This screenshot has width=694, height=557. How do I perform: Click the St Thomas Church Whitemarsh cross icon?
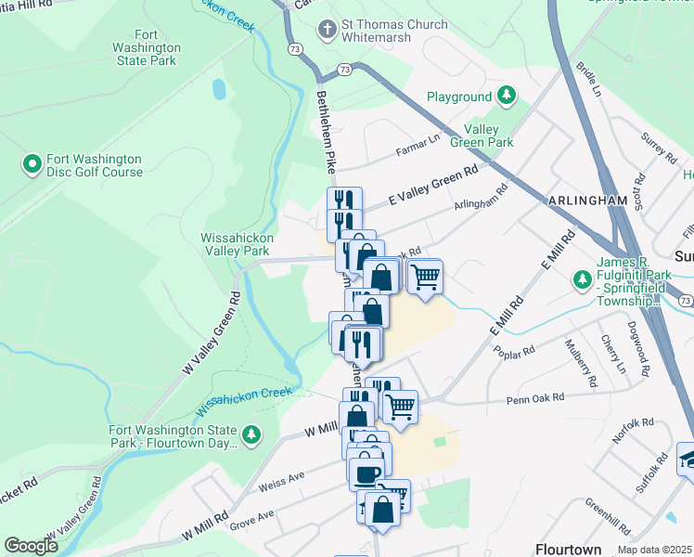coord(326,30)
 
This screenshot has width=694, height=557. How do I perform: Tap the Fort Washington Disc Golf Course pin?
coord(32,165)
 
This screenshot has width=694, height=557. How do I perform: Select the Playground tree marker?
coord(507,96)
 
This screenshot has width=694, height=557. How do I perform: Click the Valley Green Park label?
coord(482,136)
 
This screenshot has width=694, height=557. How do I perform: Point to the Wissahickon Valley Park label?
coord(235,244)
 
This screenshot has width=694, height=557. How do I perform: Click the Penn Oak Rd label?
coord(534,399)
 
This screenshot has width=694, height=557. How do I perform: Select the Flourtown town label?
coord(568,549)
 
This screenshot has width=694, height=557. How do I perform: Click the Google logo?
coord(31,546)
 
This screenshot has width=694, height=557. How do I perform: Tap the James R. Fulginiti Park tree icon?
coord(583,278)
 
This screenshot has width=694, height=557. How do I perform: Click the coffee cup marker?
coord(366,473)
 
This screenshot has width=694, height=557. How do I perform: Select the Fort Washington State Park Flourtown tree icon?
coord(251,434)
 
